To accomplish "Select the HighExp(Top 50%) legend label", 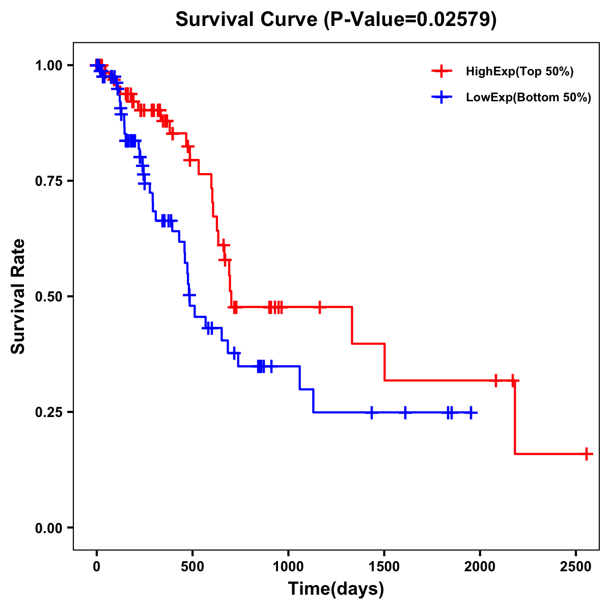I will pyautogui.click(x=520, y=72).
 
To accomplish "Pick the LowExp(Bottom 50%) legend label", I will pyautogui.click(x=529, y=98).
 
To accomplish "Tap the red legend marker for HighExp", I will pyautogui.click(x=441, y=71).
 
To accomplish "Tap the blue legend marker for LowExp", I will pyautogui.click(x=441, y=97).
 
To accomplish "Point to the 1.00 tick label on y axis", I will pyautogui.click(x=48, y=65).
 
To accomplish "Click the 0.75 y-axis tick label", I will pyautogui.click(x=48, y=181).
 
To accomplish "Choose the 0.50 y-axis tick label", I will pyautogui.click(x=48, y=296).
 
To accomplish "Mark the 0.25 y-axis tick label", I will pyautogui.click(x=48, y=412).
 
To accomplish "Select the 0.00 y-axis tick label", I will pyautogui.click(x=48, y=527).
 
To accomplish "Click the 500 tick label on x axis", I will pyautogui.click(x=192, y=565).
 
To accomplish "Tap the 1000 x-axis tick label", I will pyautogui.click(x=288, y=565).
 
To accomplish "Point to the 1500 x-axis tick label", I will pyautogui.click(x=384, y=565).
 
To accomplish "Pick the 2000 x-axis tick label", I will pyautogui.click(x=480, y=565).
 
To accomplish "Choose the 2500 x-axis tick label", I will pyautogui.click(x=575, y=565).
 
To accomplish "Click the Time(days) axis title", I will pyautogui.click(x=336, y=589).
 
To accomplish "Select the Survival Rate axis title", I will pyautogui.click(x=18, y=296).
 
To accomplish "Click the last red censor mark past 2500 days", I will pyautogui.click(x=587, y=454).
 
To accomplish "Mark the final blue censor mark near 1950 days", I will pyautogui.click(x=471, y=412).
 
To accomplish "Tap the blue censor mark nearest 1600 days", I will pyautogui.click(x=405, y=412).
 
